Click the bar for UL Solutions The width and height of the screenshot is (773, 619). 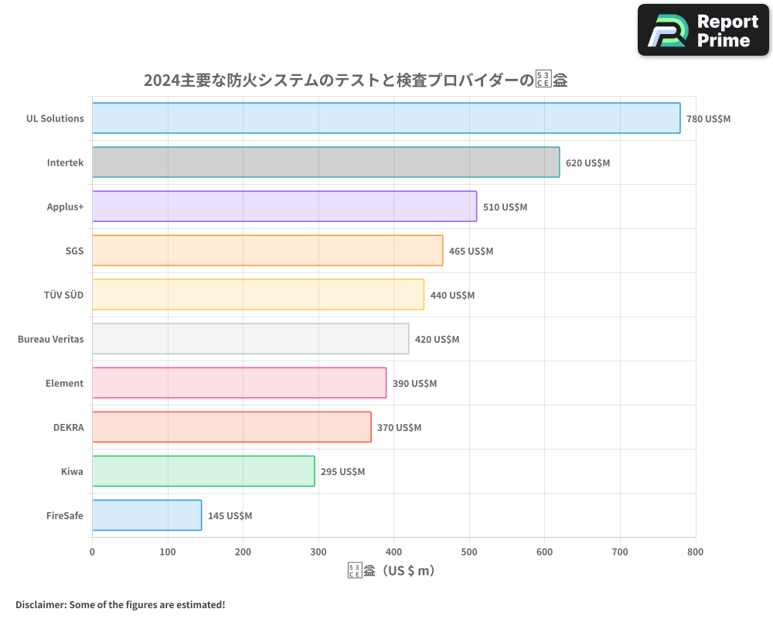point(386,118)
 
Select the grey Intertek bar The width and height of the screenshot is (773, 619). point(325,162)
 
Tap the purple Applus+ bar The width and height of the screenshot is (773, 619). point(284,207)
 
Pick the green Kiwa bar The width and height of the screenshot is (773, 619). point(203,471)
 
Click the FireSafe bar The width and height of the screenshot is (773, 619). point(147,515)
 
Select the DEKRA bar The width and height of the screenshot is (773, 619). point(231,427)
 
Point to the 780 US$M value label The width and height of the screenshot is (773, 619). point(708,119)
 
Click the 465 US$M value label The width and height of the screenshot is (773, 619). point(471,251)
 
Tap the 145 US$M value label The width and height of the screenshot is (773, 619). point(230,516)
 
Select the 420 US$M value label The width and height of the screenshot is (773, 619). point(437,340)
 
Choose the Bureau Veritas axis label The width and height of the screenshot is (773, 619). point(50,339)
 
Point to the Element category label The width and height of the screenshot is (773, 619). point(64,383)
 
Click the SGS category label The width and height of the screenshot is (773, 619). point(74,251)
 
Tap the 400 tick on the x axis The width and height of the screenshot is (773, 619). point(393,552)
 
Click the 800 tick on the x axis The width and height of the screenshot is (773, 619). point(695,552)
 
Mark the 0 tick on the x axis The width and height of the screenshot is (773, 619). point(92,552)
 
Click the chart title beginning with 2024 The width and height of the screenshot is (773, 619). point(356,80)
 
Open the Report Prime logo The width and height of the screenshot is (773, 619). point(703,30)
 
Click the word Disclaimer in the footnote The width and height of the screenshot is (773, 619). point(39,604)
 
